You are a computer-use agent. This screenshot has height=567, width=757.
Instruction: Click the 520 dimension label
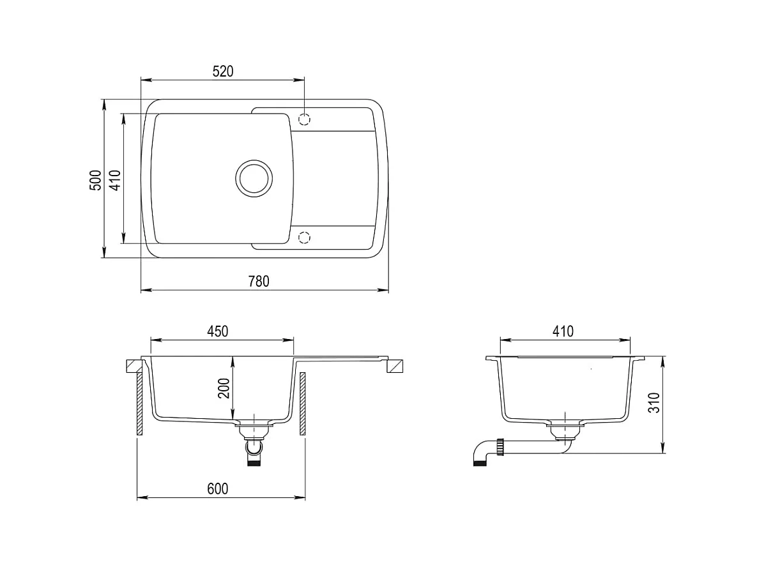222,71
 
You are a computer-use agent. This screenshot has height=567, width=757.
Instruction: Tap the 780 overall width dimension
259,281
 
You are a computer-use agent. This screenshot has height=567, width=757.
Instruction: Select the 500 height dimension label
96,180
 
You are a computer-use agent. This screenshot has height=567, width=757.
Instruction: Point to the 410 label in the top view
115,180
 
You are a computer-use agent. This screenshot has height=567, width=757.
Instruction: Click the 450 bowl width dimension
217,331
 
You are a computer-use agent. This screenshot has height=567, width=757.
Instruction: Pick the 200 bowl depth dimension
224,388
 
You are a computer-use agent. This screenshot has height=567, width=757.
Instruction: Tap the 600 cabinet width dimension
218,488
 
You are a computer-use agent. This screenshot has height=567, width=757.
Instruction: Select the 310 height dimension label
654,403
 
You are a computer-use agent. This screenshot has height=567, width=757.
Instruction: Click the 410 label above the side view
563,331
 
